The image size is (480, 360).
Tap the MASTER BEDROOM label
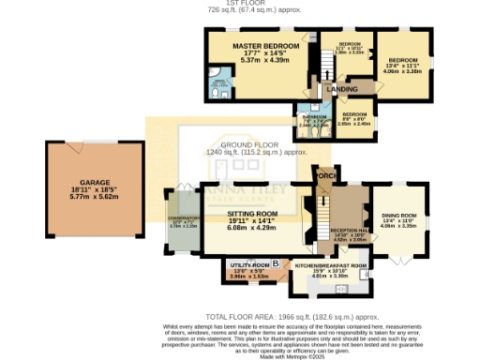[255, 46]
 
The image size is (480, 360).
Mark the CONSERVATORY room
[183, 220]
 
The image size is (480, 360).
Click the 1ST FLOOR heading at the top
[240, 4]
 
